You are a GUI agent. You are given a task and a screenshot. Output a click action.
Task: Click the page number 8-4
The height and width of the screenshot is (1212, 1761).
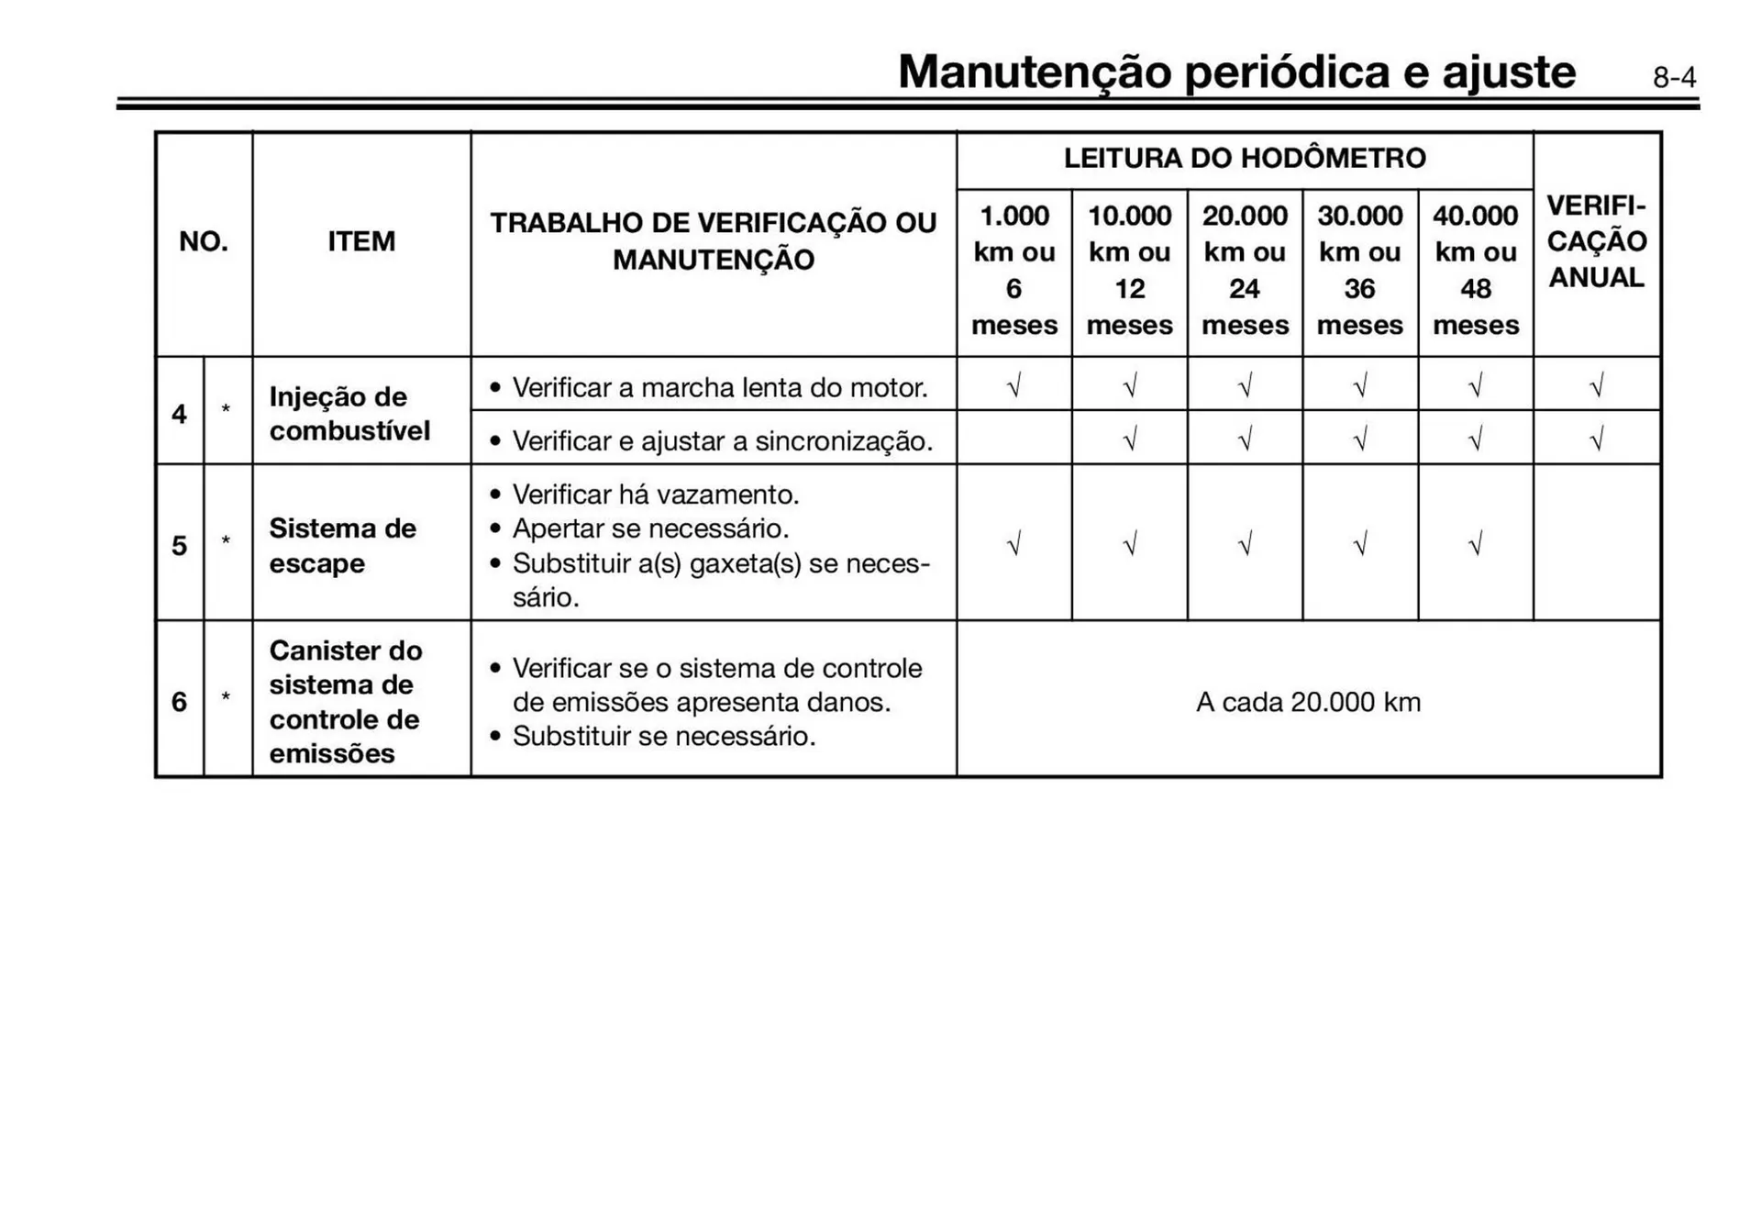1674,78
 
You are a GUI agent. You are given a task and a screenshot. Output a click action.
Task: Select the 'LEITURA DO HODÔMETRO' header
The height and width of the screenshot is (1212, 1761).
1245,159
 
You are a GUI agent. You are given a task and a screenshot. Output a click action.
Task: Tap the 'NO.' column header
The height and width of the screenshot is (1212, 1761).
204,242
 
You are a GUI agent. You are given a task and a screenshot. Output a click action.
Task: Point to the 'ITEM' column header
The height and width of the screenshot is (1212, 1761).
361,242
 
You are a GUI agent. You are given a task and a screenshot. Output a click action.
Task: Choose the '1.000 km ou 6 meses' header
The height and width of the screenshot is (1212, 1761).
1013,271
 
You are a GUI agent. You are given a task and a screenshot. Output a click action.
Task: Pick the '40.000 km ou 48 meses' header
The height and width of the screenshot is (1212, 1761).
1475,271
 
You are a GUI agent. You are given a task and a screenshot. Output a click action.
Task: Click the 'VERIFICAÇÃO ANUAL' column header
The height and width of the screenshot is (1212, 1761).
1597,241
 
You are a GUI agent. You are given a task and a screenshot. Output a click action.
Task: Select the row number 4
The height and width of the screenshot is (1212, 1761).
179,414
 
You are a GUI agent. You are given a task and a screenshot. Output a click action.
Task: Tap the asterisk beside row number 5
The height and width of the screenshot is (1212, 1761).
226,541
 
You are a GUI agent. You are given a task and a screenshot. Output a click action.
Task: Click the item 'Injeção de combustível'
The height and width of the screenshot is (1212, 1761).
349,414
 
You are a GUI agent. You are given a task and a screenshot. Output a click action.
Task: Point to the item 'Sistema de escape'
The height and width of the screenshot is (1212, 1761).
342,546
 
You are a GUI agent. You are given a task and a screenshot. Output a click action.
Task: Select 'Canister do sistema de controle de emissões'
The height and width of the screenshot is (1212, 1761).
346,702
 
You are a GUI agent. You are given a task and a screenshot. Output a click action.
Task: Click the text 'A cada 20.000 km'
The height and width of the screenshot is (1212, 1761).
1308,703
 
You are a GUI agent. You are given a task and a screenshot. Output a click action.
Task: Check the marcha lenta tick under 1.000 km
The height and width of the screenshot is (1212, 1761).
1013,386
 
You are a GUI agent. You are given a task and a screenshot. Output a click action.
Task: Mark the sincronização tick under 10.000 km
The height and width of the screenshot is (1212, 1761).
1129,440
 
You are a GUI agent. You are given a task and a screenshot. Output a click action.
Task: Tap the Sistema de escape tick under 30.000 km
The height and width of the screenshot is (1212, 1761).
1359,545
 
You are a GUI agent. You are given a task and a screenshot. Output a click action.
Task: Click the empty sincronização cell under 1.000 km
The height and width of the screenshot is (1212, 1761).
1013,439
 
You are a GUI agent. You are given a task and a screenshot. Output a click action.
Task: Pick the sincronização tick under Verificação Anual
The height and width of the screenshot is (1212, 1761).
1596,440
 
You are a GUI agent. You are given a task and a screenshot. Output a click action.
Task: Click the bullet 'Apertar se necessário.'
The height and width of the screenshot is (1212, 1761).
650,529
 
